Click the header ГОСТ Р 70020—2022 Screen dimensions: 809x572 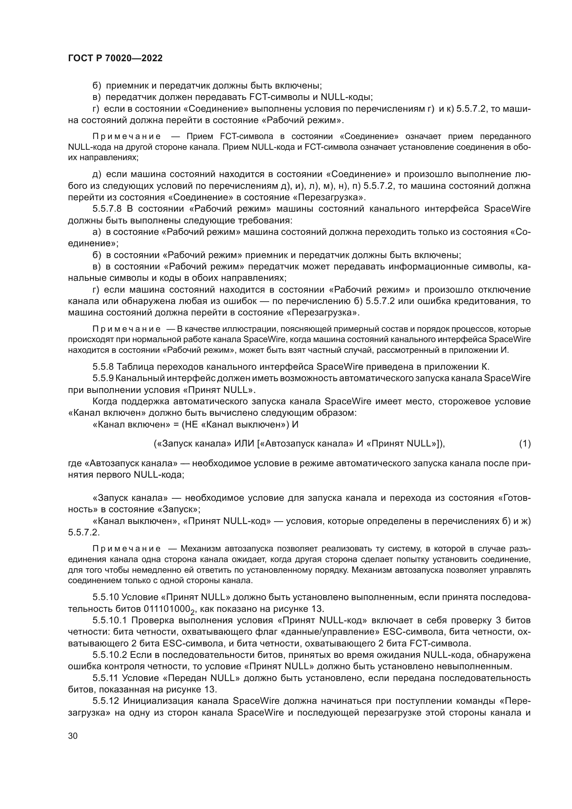[115, 58]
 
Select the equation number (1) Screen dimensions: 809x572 [525, 444]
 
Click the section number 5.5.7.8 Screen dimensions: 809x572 [107, 209]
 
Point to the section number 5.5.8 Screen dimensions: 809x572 [104, 367]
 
